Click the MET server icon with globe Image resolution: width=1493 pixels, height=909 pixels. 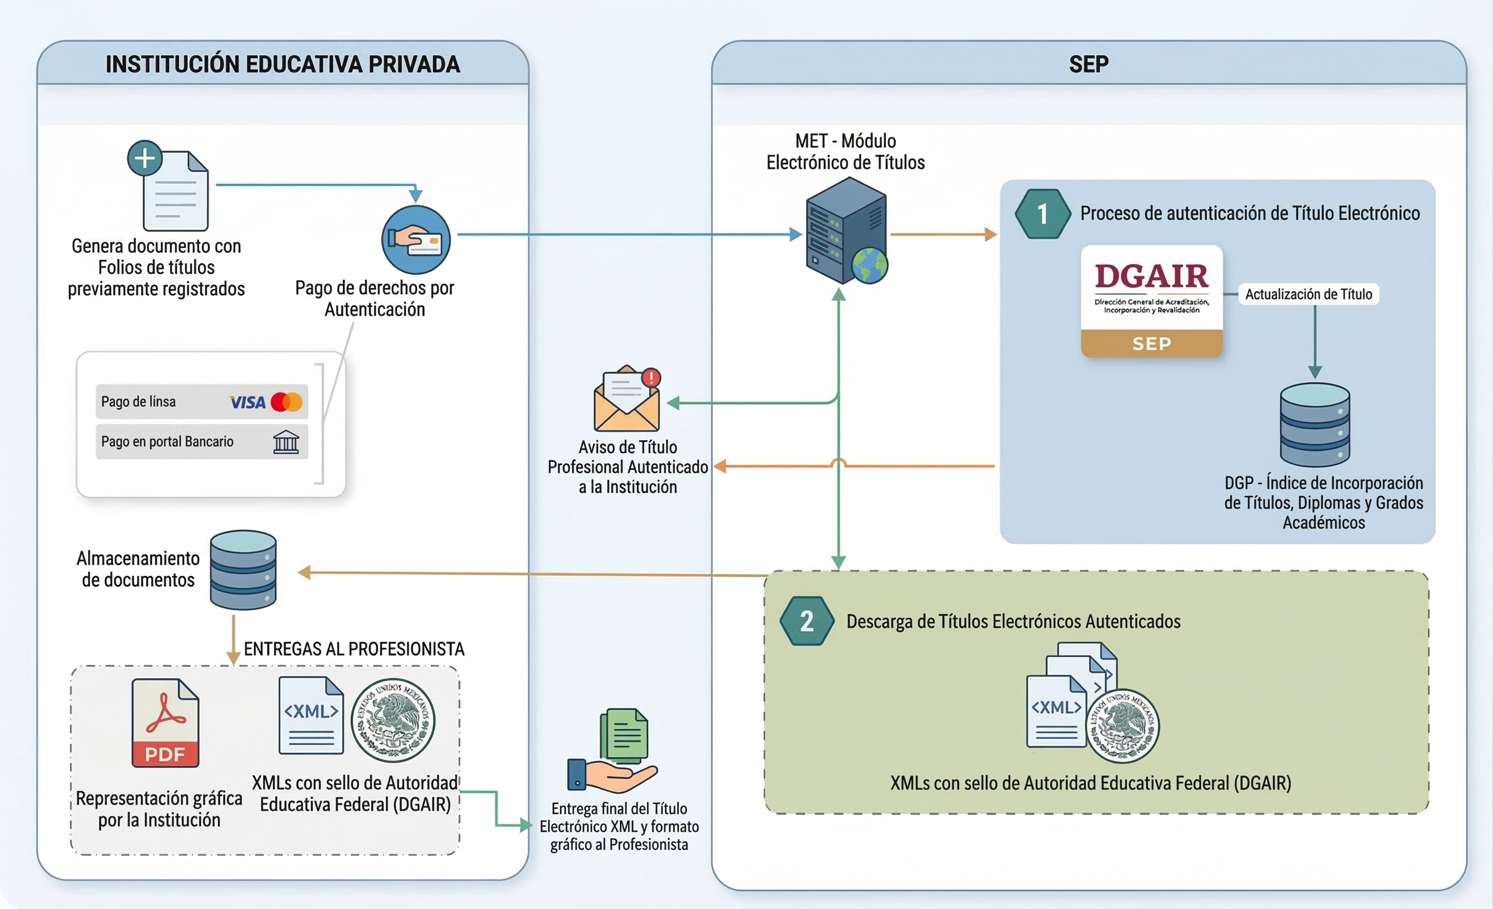coord(847,231)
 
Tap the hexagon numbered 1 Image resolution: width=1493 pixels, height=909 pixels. coord(1042,214)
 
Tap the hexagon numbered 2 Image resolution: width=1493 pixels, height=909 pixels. coord(807,622)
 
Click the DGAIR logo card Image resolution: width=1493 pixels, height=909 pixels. coord(1151,301)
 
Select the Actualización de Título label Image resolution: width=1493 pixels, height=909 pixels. coord(1308,294)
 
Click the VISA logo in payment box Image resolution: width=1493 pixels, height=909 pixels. coord(247,402)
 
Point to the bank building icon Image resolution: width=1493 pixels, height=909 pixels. coord(286,441)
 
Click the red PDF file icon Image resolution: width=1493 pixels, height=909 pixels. coord(165,723)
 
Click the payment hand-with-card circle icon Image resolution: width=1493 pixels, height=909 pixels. coord(416,240)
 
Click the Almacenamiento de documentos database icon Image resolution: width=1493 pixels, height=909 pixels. coord(243,570)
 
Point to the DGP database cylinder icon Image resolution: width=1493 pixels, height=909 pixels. coord(1314,424)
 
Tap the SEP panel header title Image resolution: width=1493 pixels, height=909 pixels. coord(1088,64)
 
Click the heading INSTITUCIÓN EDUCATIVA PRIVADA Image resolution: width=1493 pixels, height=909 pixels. coord(283,64)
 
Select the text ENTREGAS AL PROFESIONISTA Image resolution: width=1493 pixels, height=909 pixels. coord(354,649)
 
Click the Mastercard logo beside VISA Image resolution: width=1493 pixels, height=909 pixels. coord(287,402)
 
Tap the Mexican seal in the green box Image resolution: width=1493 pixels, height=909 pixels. coord(1122,725)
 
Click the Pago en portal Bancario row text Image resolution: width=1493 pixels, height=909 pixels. coord(167,441)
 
